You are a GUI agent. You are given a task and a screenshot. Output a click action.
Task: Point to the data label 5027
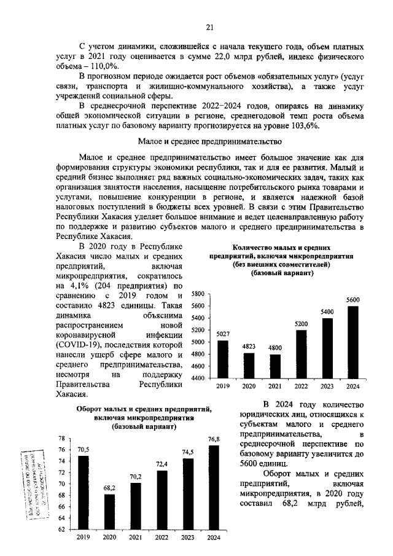[222, 334]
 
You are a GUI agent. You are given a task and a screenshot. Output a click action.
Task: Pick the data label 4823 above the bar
[249, 347]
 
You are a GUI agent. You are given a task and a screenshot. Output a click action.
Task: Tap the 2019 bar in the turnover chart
[83, 492]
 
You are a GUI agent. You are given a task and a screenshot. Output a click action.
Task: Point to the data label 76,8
[213, 439]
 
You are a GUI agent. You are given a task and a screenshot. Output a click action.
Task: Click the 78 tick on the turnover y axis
[61, 439]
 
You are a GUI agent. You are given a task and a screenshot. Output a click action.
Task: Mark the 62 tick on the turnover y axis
[61, 529]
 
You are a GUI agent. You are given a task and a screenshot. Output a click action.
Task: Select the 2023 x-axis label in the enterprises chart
[327, 387]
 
